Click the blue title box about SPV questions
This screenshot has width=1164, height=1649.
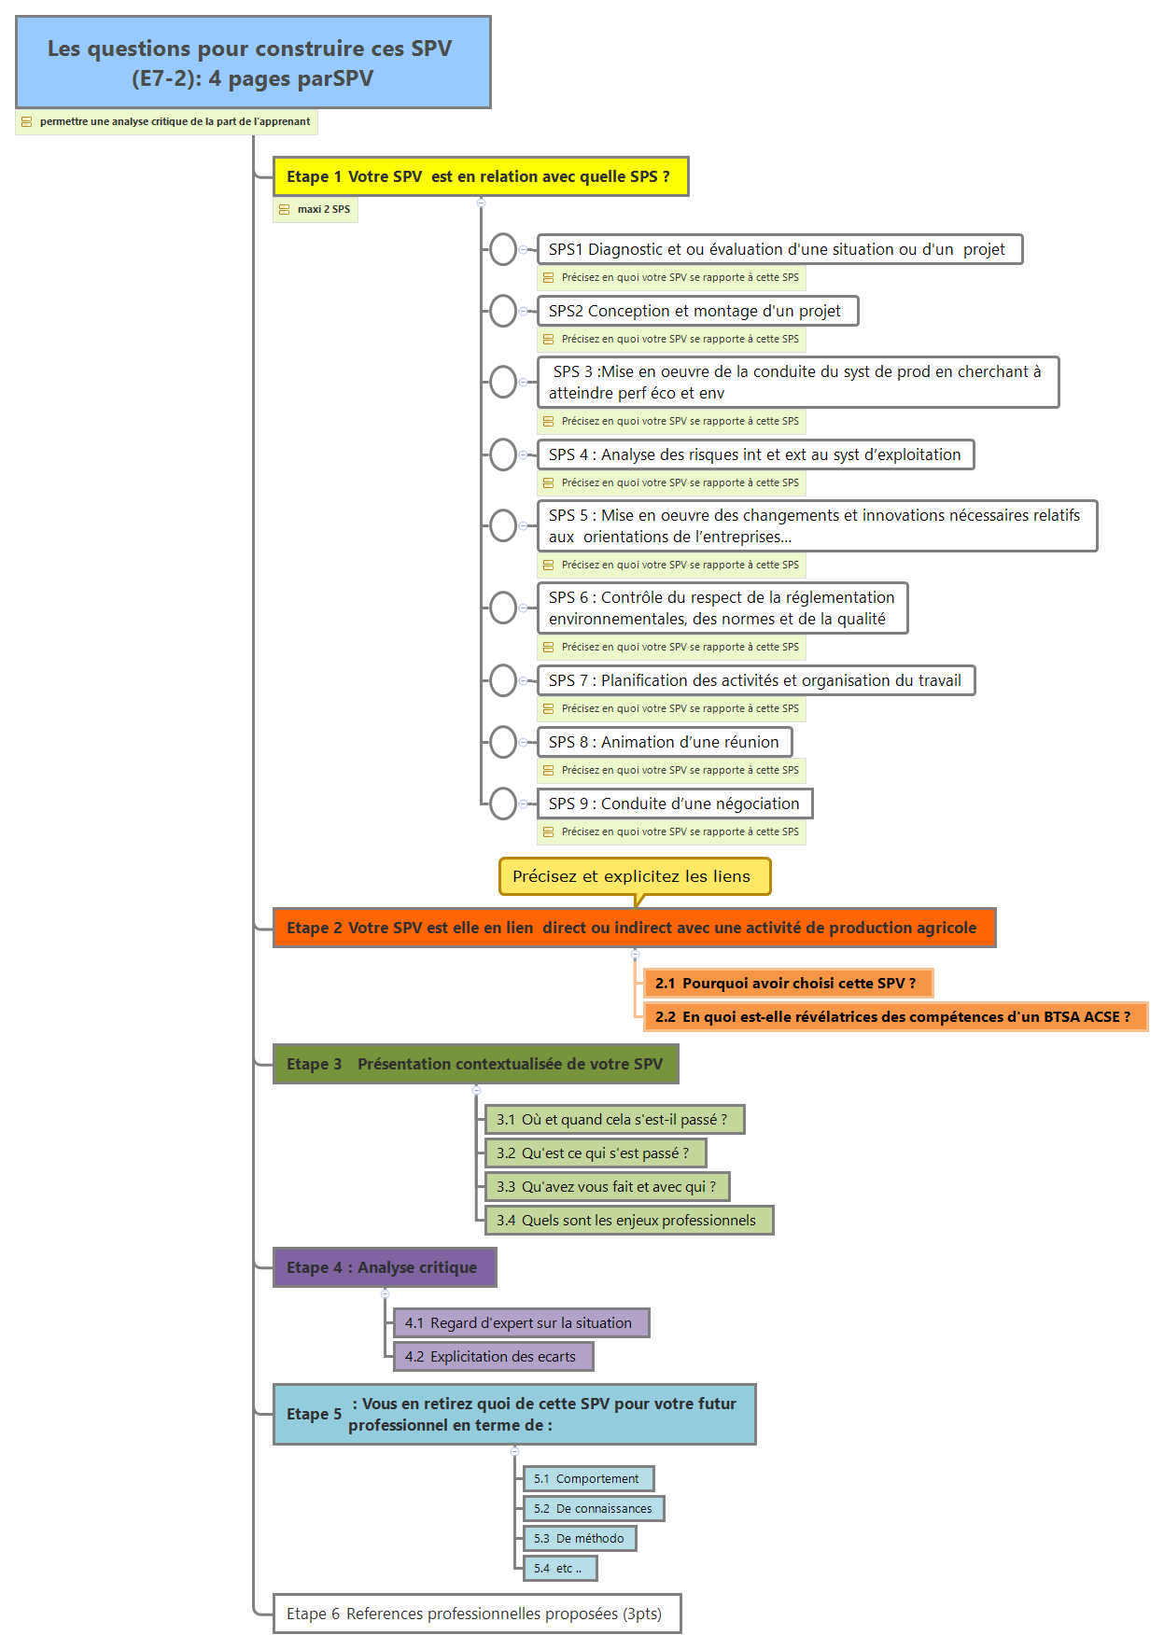(253, 63)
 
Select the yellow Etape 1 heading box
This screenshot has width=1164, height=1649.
(480, 176)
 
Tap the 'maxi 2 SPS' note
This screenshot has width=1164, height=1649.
(316, 210)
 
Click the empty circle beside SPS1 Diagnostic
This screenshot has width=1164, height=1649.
(503, 249)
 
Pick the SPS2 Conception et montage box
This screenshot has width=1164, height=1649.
(696, 311)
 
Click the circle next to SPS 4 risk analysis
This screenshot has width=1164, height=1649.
(503, 454)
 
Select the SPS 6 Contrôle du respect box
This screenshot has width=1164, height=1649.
(722, 608)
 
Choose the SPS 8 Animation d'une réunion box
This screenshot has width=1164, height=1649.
(664, 742)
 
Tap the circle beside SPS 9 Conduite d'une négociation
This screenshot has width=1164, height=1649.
(503, 804)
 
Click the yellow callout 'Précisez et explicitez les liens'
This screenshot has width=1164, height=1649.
(634, 876)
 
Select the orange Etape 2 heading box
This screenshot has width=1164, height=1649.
(634, 928)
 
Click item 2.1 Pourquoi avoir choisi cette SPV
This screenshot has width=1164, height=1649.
(787, 983)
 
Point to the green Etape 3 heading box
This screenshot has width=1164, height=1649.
(475, 1064)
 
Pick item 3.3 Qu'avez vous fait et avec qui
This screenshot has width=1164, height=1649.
(607, 1186)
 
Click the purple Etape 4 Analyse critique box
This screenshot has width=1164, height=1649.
(384, 1267)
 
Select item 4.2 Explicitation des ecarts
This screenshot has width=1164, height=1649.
(493, 1356)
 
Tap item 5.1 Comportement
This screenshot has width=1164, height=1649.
(588, 1478)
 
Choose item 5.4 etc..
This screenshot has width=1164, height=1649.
(560, 1568)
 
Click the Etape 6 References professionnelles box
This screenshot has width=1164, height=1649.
(476, 1614)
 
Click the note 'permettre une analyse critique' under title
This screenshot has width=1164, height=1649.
(166, 122)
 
